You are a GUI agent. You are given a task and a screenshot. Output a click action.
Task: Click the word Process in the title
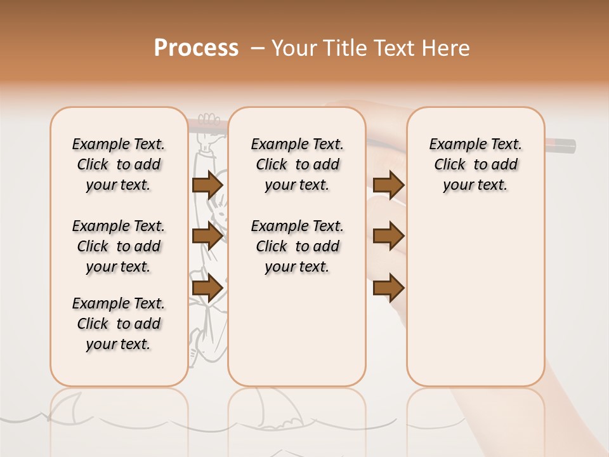pos(196,48)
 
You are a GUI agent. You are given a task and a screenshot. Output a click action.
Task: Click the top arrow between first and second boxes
pos(207,185)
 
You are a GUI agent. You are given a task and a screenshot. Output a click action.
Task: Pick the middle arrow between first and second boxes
pos(207,237)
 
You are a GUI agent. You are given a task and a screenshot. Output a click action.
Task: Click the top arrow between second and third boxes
pos(388,185)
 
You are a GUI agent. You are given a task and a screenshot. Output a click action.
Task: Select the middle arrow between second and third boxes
pos(388,236)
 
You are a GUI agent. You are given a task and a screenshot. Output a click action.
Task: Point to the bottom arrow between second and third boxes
pos(388,288)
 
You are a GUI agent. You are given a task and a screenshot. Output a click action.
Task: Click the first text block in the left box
pos(119,164)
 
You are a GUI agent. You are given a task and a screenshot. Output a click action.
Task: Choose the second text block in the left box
pos(119,246)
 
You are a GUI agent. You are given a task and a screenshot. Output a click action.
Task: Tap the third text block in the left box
pos(119,324)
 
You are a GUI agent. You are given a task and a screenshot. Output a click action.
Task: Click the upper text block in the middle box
pos(297,164)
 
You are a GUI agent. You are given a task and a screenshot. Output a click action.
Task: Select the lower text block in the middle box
pos(297,246)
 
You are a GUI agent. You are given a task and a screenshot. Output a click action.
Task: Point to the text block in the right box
pos(475,164)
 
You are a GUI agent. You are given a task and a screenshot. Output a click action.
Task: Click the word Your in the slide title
pos(291,48)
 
